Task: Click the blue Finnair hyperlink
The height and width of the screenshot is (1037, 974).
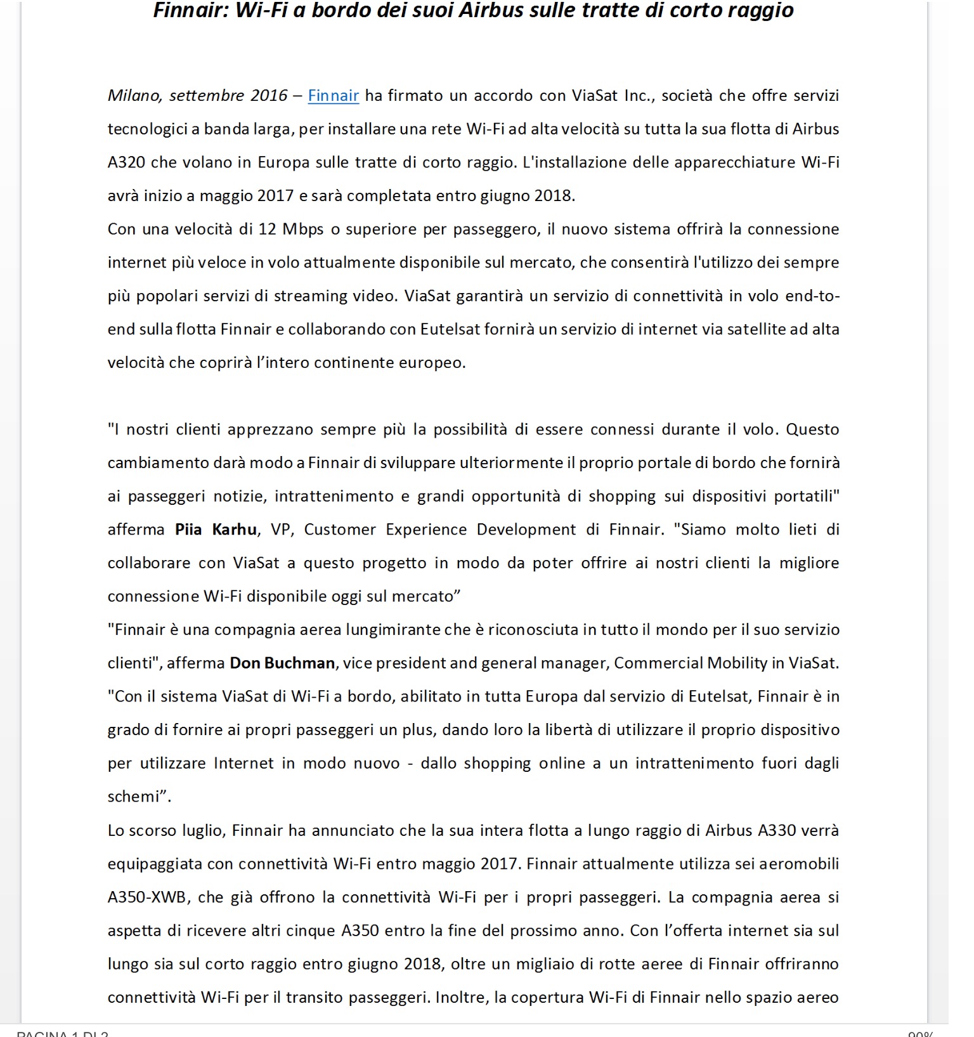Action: click(333, 96)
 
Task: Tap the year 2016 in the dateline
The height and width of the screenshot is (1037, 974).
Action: click(269, 96)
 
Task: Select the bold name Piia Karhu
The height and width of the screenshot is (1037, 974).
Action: click(216, 530)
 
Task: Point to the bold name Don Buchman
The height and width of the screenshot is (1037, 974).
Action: click(282, 663)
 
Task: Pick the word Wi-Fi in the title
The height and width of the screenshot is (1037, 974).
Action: click(261, 11)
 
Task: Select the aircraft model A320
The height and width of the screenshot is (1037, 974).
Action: click(126, 163)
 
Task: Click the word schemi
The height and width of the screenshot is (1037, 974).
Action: click(133, 797)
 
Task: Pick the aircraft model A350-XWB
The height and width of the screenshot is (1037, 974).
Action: click(147, 897)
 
